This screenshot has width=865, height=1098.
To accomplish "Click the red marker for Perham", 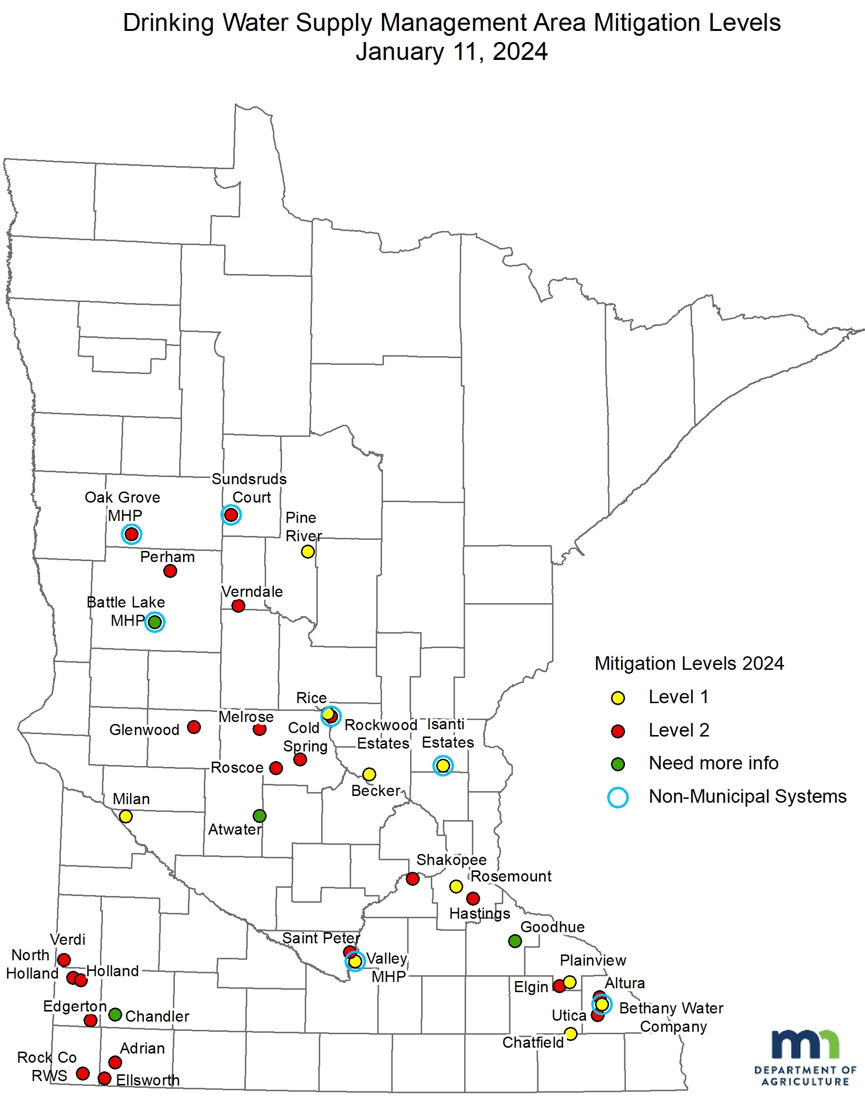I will (170, 571).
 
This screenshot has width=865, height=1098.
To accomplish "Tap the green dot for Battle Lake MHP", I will (155, 621).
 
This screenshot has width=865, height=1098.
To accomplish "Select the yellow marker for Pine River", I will (307, 551).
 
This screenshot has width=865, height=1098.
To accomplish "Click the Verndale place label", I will (252, 592).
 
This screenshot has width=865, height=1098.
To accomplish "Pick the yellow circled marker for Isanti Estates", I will (442, 766).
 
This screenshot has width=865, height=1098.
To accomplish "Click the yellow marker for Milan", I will (126, 816).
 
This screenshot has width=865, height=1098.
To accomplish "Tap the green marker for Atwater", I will (259, 816).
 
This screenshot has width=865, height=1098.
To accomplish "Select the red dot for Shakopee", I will (413, 878).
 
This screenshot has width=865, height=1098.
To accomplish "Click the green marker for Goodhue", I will (515, 941).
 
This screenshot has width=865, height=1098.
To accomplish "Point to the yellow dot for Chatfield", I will (571, 1033).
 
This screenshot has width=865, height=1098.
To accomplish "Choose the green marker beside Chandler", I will (115, 1014).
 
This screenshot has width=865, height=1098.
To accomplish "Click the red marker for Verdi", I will (64, 960).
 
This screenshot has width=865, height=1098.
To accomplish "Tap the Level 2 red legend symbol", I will (618, 731).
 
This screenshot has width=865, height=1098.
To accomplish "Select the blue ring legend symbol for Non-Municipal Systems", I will (618, 797).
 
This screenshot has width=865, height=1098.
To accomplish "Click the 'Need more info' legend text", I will (713, 763).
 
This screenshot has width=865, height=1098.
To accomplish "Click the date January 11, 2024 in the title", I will (452, 52).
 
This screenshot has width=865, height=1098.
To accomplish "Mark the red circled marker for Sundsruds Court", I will (231, 515).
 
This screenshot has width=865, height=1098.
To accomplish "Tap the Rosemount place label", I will (511, 876).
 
